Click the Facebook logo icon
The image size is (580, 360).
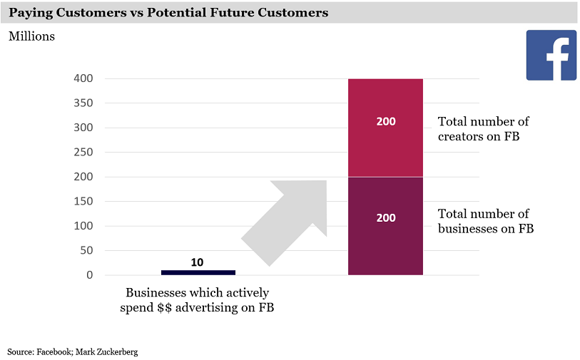coord(551,55)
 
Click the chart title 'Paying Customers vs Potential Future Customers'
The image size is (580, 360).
coord(168,13)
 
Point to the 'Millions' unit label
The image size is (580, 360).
coord(31,36)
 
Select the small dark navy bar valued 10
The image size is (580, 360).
coord(198,272)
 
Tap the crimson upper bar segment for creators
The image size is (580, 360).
coord(385,143)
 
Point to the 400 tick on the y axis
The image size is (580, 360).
coord(84,79)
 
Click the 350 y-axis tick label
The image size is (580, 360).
coord(84,103)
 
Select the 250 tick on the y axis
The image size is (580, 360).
coord(84,153)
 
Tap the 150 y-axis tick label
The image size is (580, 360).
coord(84,202)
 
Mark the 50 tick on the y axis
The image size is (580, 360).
coord(87,251)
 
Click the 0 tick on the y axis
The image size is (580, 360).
coord(90,275)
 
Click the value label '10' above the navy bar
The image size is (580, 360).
coord(198,262)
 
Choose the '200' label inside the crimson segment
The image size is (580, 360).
coord(385,122)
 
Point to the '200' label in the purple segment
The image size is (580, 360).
coord(385,218)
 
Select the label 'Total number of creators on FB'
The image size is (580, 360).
coord(483,129)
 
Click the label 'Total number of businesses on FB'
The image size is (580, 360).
coord(485,222)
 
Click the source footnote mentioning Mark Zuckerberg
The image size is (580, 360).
coord(72,351)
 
